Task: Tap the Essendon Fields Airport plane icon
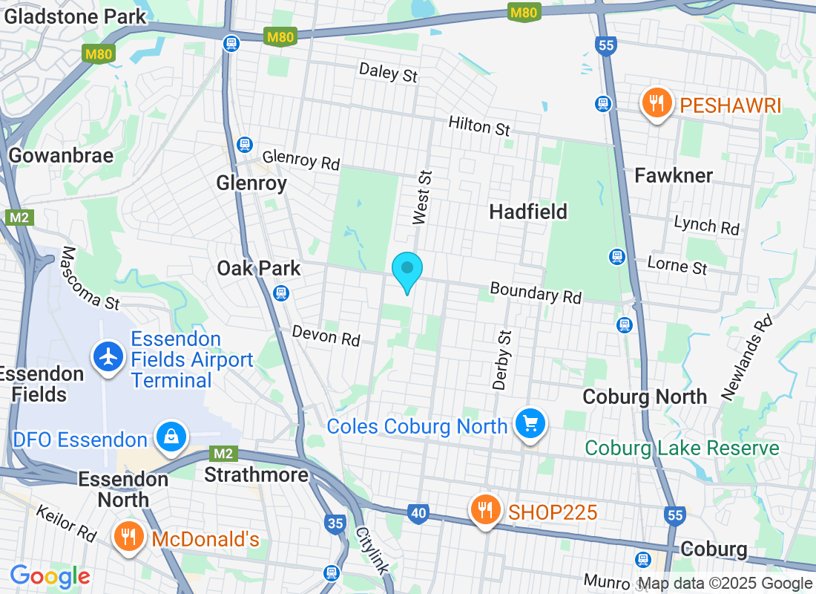click(x=109, y=357)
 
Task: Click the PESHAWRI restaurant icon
click(x=656, y=103)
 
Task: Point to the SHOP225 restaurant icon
click(x=485, y=510)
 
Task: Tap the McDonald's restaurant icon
click(x=129, y=537)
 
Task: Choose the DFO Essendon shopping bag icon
click(x=171, y=437)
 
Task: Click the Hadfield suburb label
click(x=528, y=212)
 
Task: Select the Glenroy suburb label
click(x=251, y=183)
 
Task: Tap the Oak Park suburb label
click(x=259, y=268)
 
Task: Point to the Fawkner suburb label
click(x=674, y=175)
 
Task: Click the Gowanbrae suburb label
click(x=61, y=155)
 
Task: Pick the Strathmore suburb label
click(x=256, y=474)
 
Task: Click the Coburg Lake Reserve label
click(x=682, y=448)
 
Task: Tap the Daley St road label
click(x=389, y=72)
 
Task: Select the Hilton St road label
click(x=479, y=125)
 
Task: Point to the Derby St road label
click(x=502, y=360)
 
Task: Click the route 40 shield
click(x=418, y=512)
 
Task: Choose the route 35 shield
click(x=335, y=523)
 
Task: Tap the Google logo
click(x=50, y=576)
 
